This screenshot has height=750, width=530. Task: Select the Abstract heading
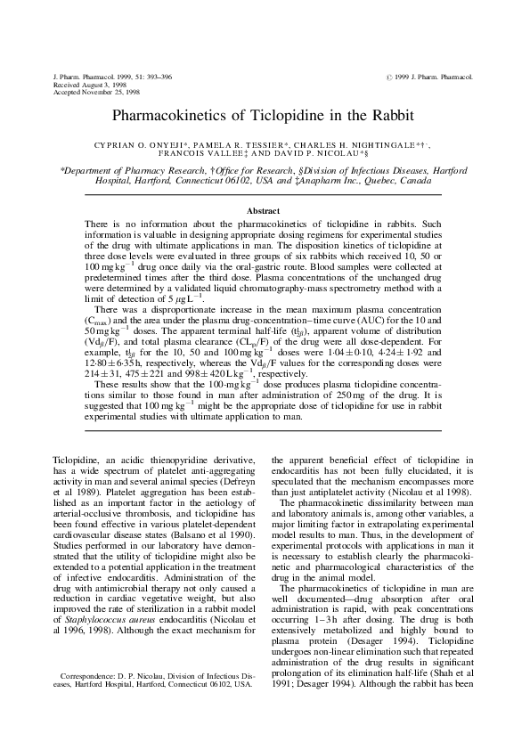[x=265, y=210]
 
